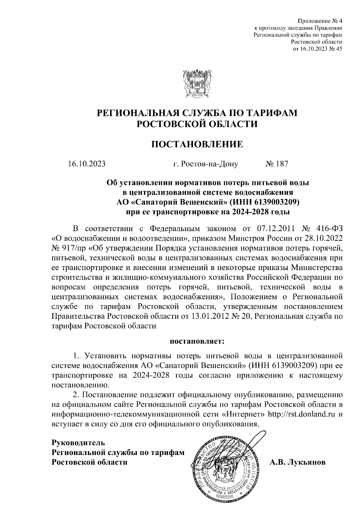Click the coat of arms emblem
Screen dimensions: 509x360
197,84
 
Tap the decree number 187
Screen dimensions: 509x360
281,164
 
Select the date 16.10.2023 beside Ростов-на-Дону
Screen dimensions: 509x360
87,164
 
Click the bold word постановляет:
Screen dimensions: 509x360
197,341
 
